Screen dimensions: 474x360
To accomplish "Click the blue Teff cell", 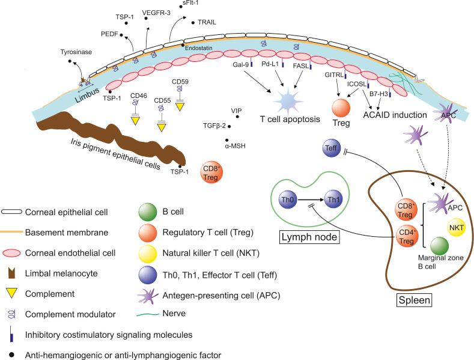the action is click(331, 148).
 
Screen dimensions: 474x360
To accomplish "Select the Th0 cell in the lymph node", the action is click(288, 200).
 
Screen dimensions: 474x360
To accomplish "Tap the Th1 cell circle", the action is click(334, 200).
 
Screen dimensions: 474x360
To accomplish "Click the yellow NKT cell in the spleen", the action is click(457, 228).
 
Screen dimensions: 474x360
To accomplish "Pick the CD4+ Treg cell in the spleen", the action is click(406, 237).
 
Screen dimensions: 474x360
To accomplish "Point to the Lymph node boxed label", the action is click(309, 237).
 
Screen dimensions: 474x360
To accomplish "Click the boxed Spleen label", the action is click(414, 300).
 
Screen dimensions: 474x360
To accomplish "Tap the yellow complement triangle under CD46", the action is click(135, 121).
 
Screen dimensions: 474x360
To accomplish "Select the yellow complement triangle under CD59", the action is click(180, 106).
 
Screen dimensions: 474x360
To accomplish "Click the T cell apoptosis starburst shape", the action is click(287, 102).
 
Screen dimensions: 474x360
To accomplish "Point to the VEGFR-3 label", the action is click(156, 13).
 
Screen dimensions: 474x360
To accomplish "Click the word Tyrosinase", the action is click(76, 52).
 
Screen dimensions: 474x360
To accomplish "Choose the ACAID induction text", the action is click(395, 115).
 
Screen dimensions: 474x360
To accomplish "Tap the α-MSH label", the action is click(235, 146).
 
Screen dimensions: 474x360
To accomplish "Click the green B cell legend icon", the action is click(148, 212).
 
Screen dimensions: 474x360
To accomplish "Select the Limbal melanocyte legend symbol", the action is click(11, 273).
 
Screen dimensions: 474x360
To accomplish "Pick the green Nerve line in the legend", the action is click(148, 314).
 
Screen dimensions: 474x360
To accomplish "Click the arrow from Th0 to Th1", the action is click(311, 200).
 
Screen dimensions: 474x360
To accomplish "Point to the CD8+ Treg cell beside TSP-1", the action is click(211, 172).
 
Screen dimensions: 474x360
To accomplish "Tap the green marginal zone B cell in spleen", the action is click(439, 246).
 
